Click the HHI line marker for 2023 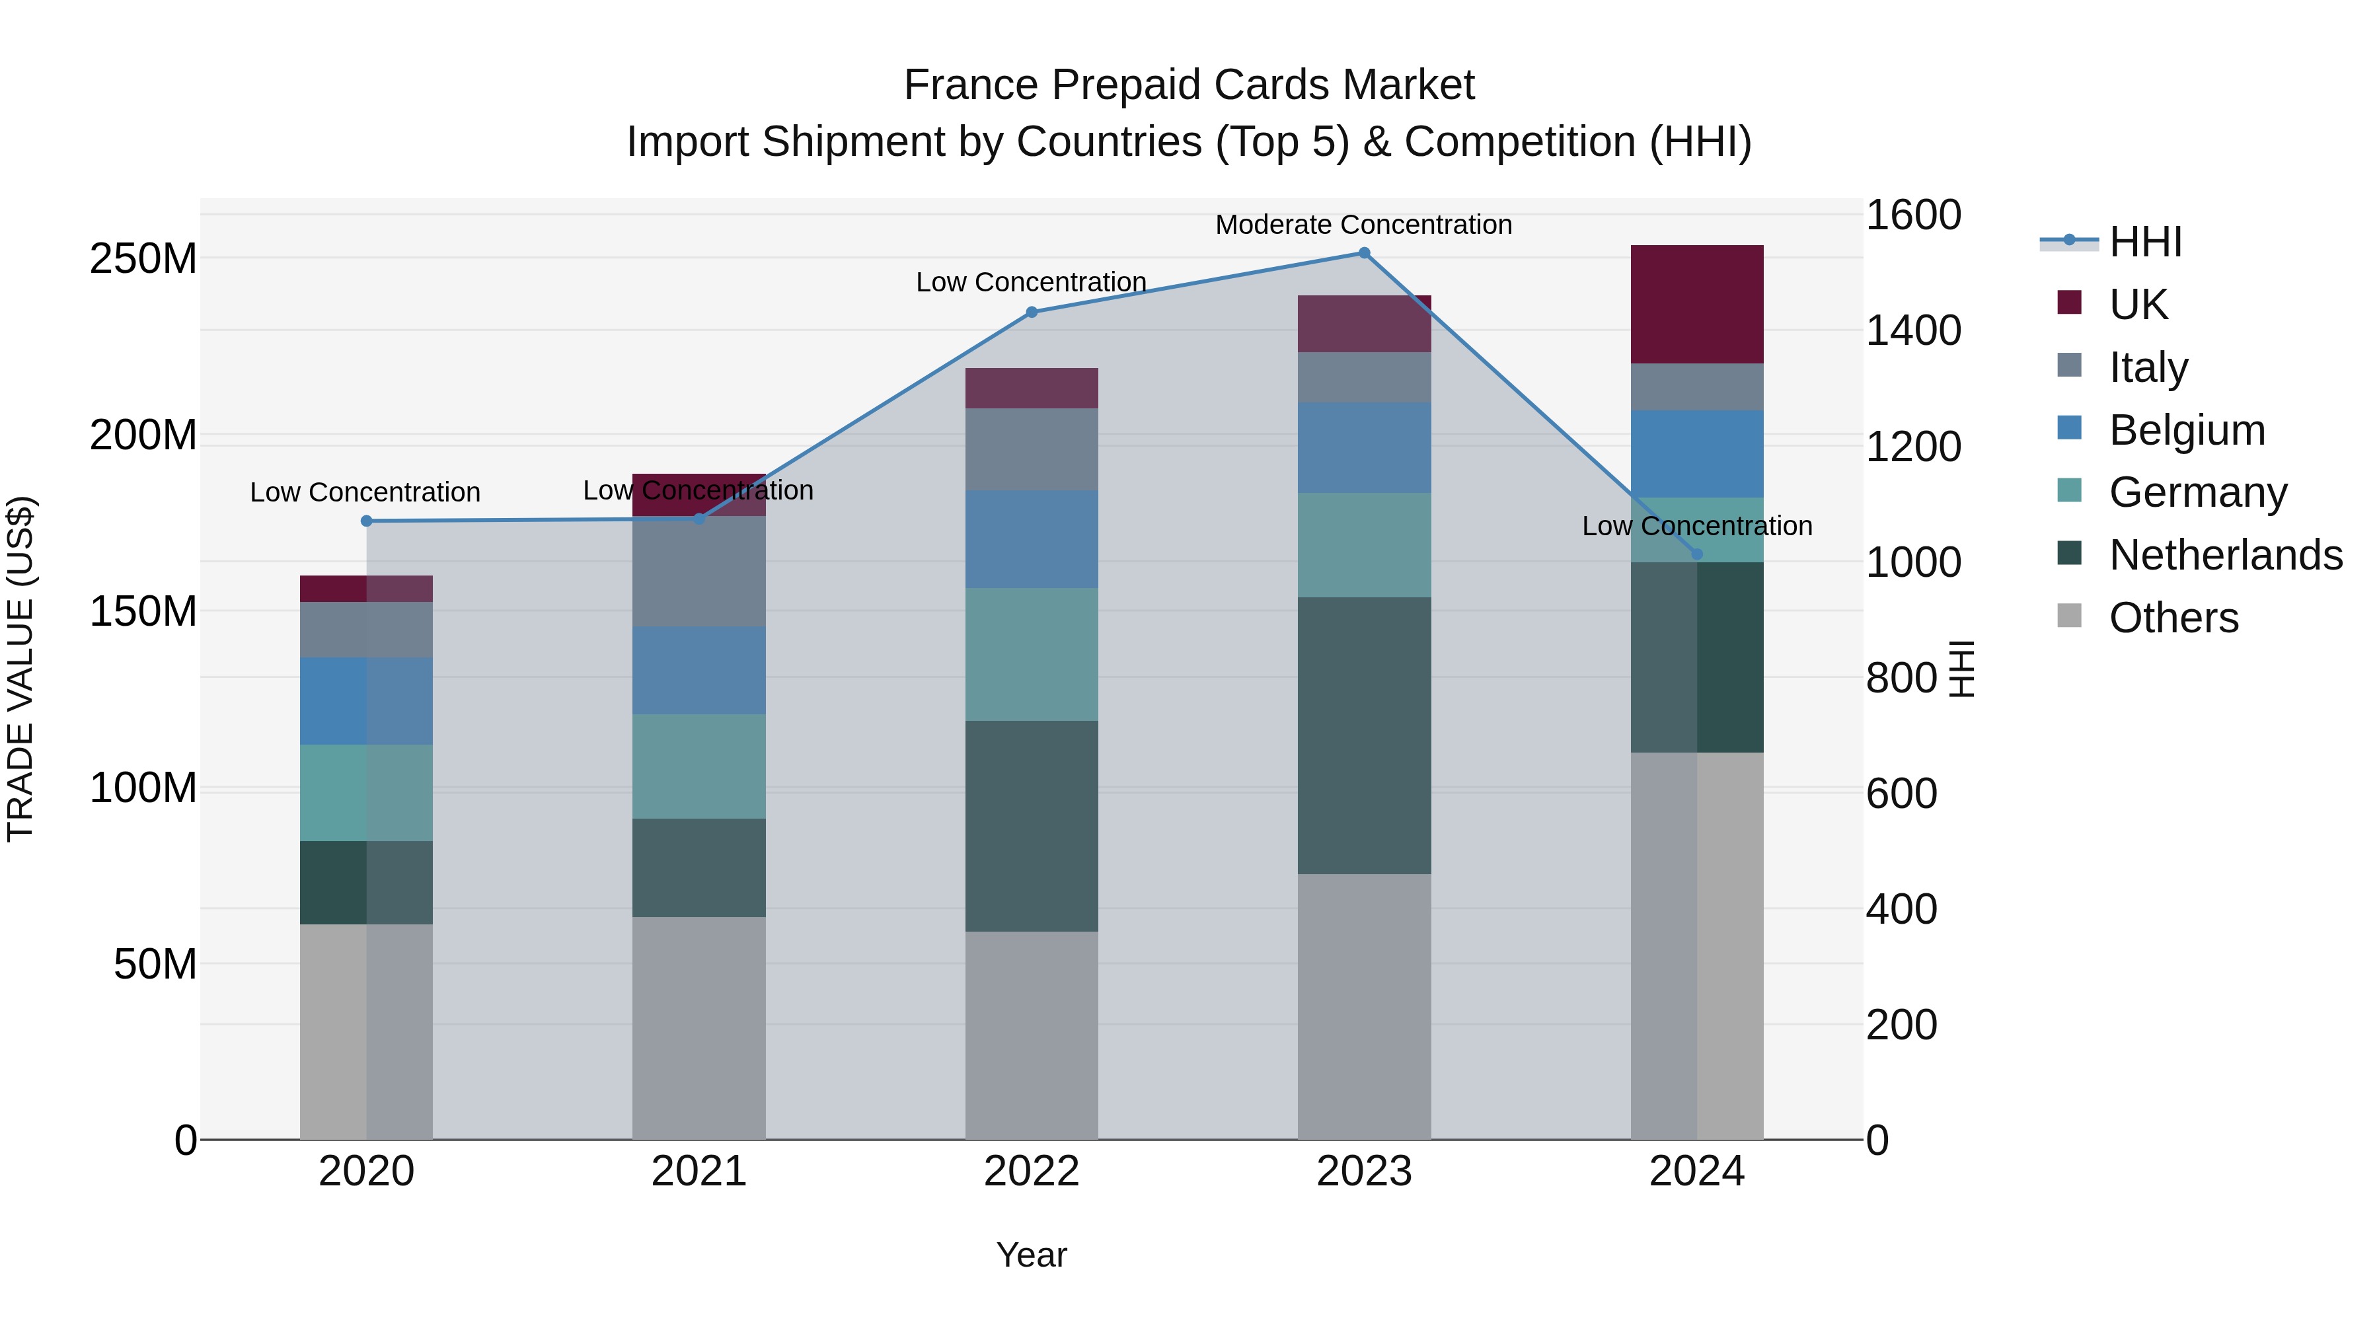click(x=1364, y=253)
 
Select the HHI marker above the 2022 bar click(x=1032, y=312)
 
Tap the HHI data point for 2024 click(x=1696, y=554)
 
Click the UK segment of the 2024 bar click(x=1696, y=304)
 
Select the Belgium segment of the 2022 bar click(x=1032, y=539)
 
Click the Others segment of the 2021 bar click(x=699, y=1027)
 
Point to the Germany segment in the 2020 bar click(x=367, y=792)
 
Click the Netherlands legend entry click(x=2225, y=555)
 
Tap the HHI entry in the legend click(x=2144, y=242)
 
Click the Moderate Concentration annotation click(x=1363, y=225)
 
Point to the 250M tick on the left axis click(x=143, y=258)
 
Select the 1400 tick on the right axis click(x=1912, y=330)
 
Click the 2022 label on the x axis click(x=1032, y=1171)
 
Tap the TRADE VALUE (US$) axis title click(x=20, y=669)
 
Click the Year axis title click(x=1032, y=1255)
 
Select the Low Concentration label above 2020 click(x=365, y=492)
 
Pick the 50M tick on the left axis click(x=155, y=964)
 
